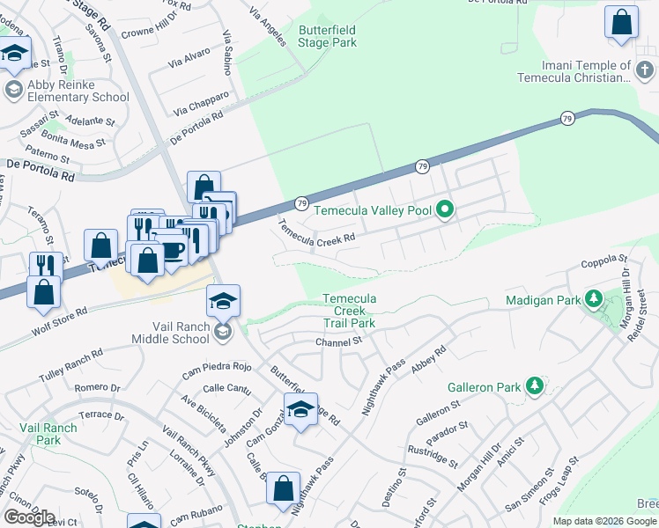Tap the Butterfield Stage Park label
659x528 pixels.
coord(328,35)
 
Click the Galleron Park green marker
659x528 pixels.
coord(533,386)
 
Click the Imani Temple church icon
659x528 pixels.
coord(645,70)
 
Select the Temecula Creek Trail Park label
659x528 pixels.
coord(350,312)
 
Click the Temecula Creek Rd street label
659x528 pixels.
coord(317,231)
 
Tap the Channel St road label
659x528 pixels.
coord(339,341)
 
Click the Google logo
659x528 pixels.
coord(29,517)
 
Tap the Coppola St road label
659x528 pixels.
coord(603,262)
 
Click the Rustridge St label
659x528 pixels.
coord(432,456)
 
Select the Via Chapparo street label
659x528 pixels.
coord(202,103)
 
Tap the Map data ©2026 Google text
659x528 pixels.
coord(604,521)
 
